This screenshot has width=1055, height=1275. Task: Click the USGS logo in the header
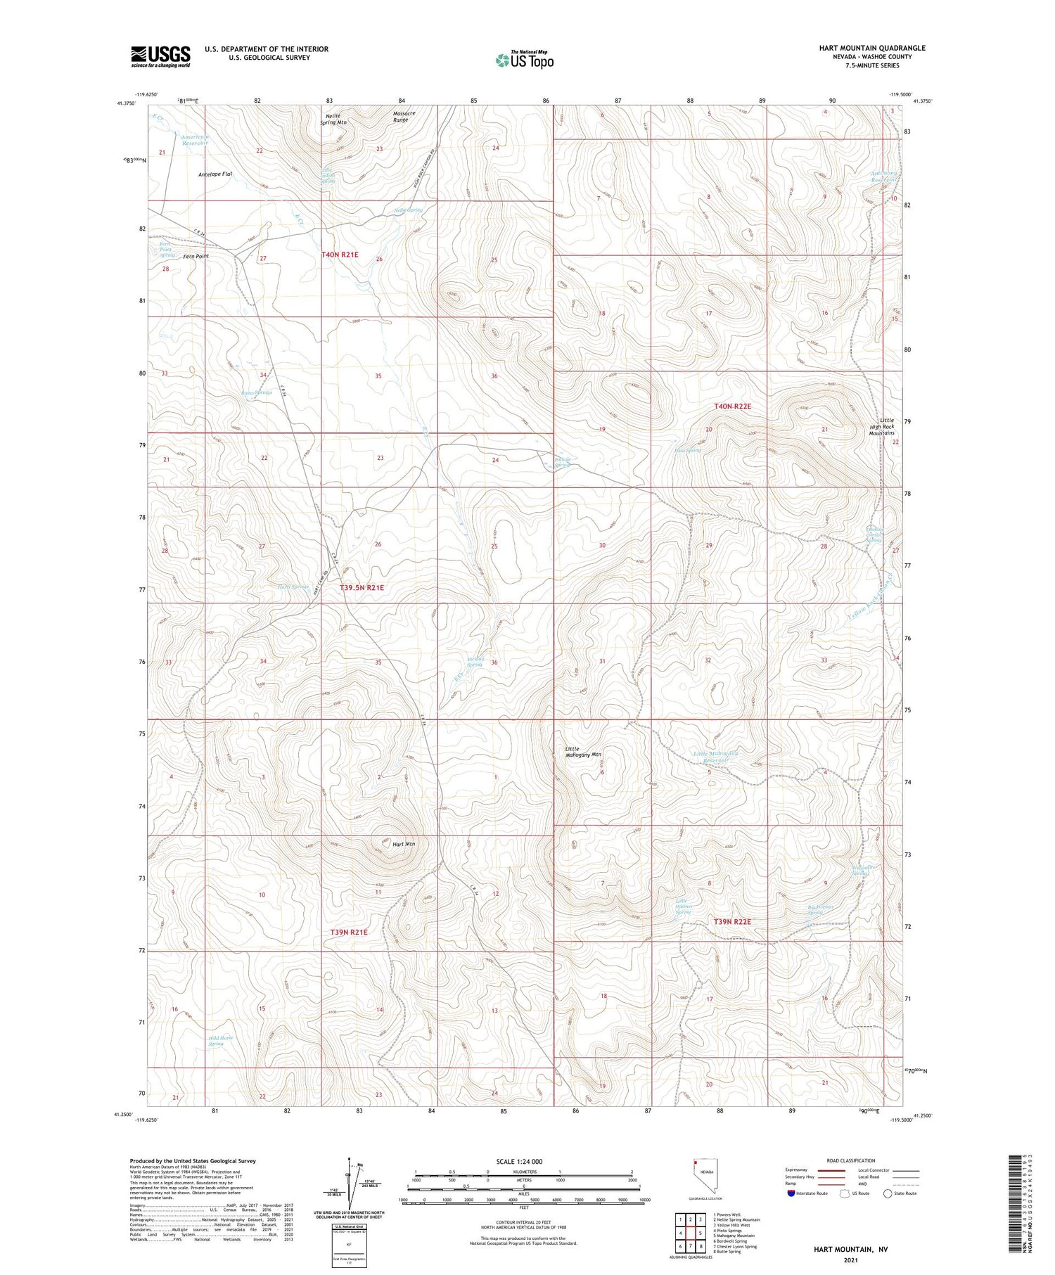[x=160, y=56]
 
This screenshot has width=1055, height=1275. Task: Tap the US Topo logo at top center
[x=525, y=60]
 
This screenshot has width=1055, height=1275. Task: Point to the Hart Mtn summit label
[x=404, y=844]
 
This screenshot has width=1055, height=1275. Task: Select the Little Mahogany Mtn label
[x=583, y=751]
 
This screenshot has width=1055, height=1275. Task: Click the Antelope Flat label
[x=215, y=174]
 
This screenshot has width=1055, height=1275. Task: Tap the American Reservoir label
[x=195, y=140]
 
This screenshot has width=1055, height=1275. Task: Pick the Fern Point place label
[x=196, y=257]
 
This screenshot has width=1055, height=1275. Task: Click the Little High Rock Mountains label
[x=881, y=426]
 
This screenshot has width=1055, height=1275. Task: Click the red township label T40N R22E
[x=733, y=406]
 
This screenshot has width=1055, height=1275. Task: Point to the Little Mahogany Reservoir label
[x=715, y=757]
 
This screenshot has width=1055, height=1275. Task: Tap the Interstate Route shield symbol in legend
[x=791, y=1193]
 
